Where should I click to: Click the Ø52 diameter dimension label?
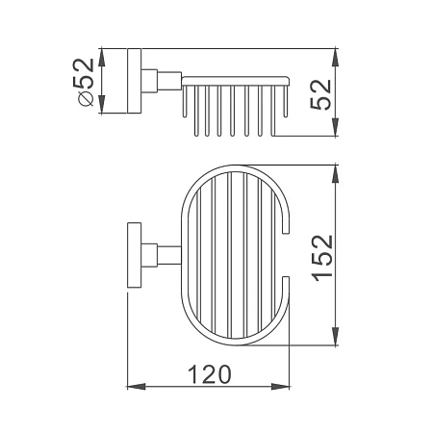pos(84,82)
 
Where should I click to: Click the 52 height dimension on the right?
pos(320,94)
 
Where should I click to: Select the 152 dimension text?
pos(322,259)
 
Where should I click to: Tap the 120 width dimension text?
pos(209,374)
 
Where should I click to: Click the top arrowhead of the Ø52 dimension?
pos(101,58)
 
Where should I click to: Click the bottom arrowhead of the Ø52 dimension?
pos(101,105)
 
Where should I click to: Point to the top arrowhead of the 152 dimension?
pos(335,174)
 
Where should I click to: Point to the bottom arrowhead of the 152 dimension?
pos(335,336)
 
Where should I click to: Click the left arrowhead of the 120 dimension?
pos(137,387)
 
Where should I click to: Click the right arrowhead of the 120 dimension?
pos(280,387)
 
